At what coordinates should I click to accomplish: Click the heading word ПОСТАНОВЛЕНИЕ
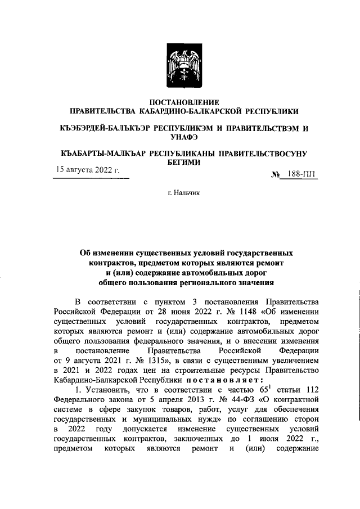click(179, 102)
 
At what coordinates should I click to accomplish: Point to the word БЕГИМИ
click(179, 162)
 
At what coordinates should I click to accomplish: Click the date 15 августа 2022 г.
click(87, 170)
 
